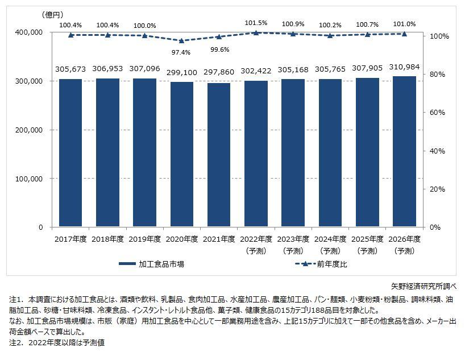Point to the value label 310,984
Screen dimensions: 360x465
(x=404, y=67)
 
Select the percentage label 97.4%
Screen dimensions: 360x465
(x=181, y=52)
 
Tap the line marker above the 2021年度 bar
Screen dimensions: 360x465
(x=219, y=36)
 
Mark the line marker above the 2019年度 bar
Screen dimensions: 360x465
(x=144, y=35)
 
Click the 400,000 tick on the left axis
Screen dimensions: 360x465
(x=26, y=32)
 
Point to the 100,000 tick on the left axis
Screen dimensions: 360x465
(x=26, y=179)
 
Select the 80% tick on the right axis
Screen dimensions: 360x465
(x=441, y=75)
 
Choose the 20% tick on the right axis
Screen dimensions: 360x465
(x=441, y=189)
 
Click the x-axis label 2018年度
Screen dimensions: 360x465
(x=107, y=238)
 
